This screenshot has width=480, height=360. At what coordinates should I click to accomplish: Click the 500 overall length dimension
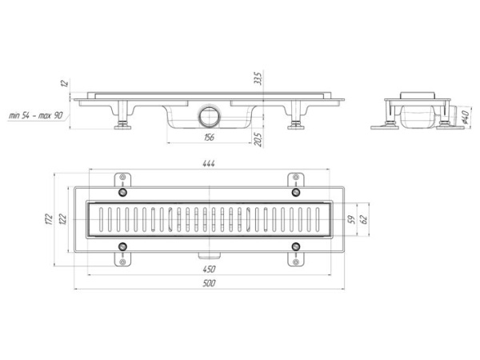209,283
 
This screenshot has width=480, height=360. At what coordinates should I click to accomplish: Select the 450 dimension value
209,270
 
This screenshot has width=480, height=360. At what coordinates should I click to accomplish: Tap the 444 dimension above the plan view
209,164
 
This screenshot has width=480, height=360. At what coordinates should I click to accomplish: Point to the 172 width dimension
49,219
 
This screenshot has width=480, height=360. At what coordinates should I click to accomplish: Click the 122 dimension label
62,219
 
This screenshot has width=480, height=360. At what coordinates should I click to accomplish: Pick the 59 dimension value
352,219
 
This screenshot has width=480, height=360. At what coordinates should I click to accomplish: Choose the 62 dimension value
364,219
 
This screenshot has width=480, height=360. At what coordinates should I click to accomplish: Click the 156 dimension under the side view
209,138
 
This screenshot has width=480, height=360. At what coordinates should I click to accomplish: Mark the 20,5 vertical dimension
258,140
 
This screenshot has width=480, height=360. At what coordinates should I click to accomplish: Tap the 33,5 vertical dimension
258,78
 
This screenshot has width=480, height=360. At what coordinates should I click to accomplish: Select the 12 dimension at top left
64,83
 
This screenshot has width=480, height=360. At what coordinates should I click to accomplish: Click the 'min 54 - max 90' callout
36,115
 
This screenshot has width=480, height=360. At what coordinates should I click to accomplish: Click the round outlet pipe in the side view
210,116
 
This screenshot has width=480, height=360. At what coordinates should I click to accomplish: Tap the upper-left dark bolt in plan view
122,192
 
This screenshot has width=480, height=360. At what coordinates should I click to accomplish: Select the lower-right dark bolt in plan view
296,246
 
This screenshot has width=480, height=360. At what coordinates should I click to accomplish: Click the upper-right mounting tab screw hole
296,178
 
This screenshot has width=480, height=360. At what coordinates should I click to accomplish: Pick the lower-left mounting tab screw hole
122,262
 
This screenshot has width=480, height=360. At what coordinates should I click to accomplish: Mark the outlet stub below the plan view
210,254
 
